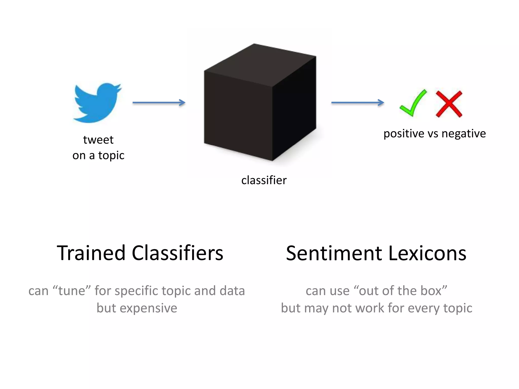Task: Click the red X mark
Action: pos(449,104)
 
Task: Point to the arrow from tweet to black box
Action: pos(159,103)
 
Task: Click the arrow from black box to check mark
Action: pos(358,103)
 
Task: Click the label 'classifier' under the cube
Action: pos(264,180)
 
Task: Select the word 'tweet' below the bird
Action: pos(98,140)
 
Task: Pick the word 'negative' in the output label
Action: pos(464,134)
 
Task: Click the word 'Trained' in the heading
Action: pos(91,253)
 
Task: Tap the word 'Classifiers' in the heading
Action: pos(177,253)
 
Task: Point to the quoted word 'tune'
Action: pos(72,290)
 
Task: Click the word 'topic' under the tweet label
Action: pos(111,155)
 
